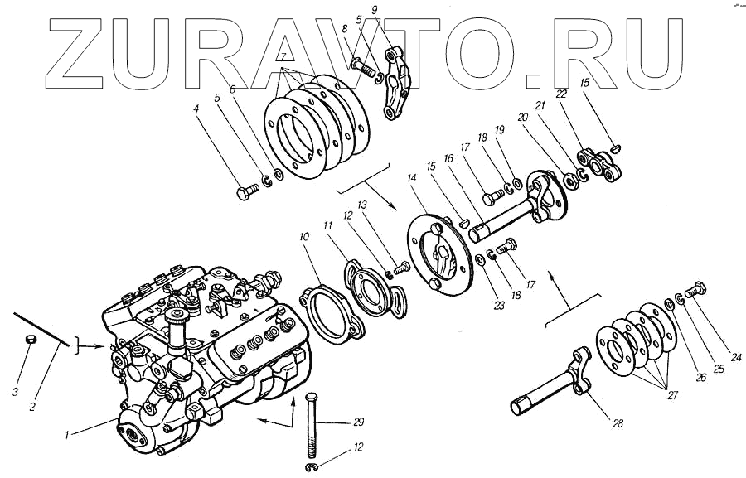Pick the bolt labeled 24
point(694,290)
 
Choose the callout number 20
point(545,118)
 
